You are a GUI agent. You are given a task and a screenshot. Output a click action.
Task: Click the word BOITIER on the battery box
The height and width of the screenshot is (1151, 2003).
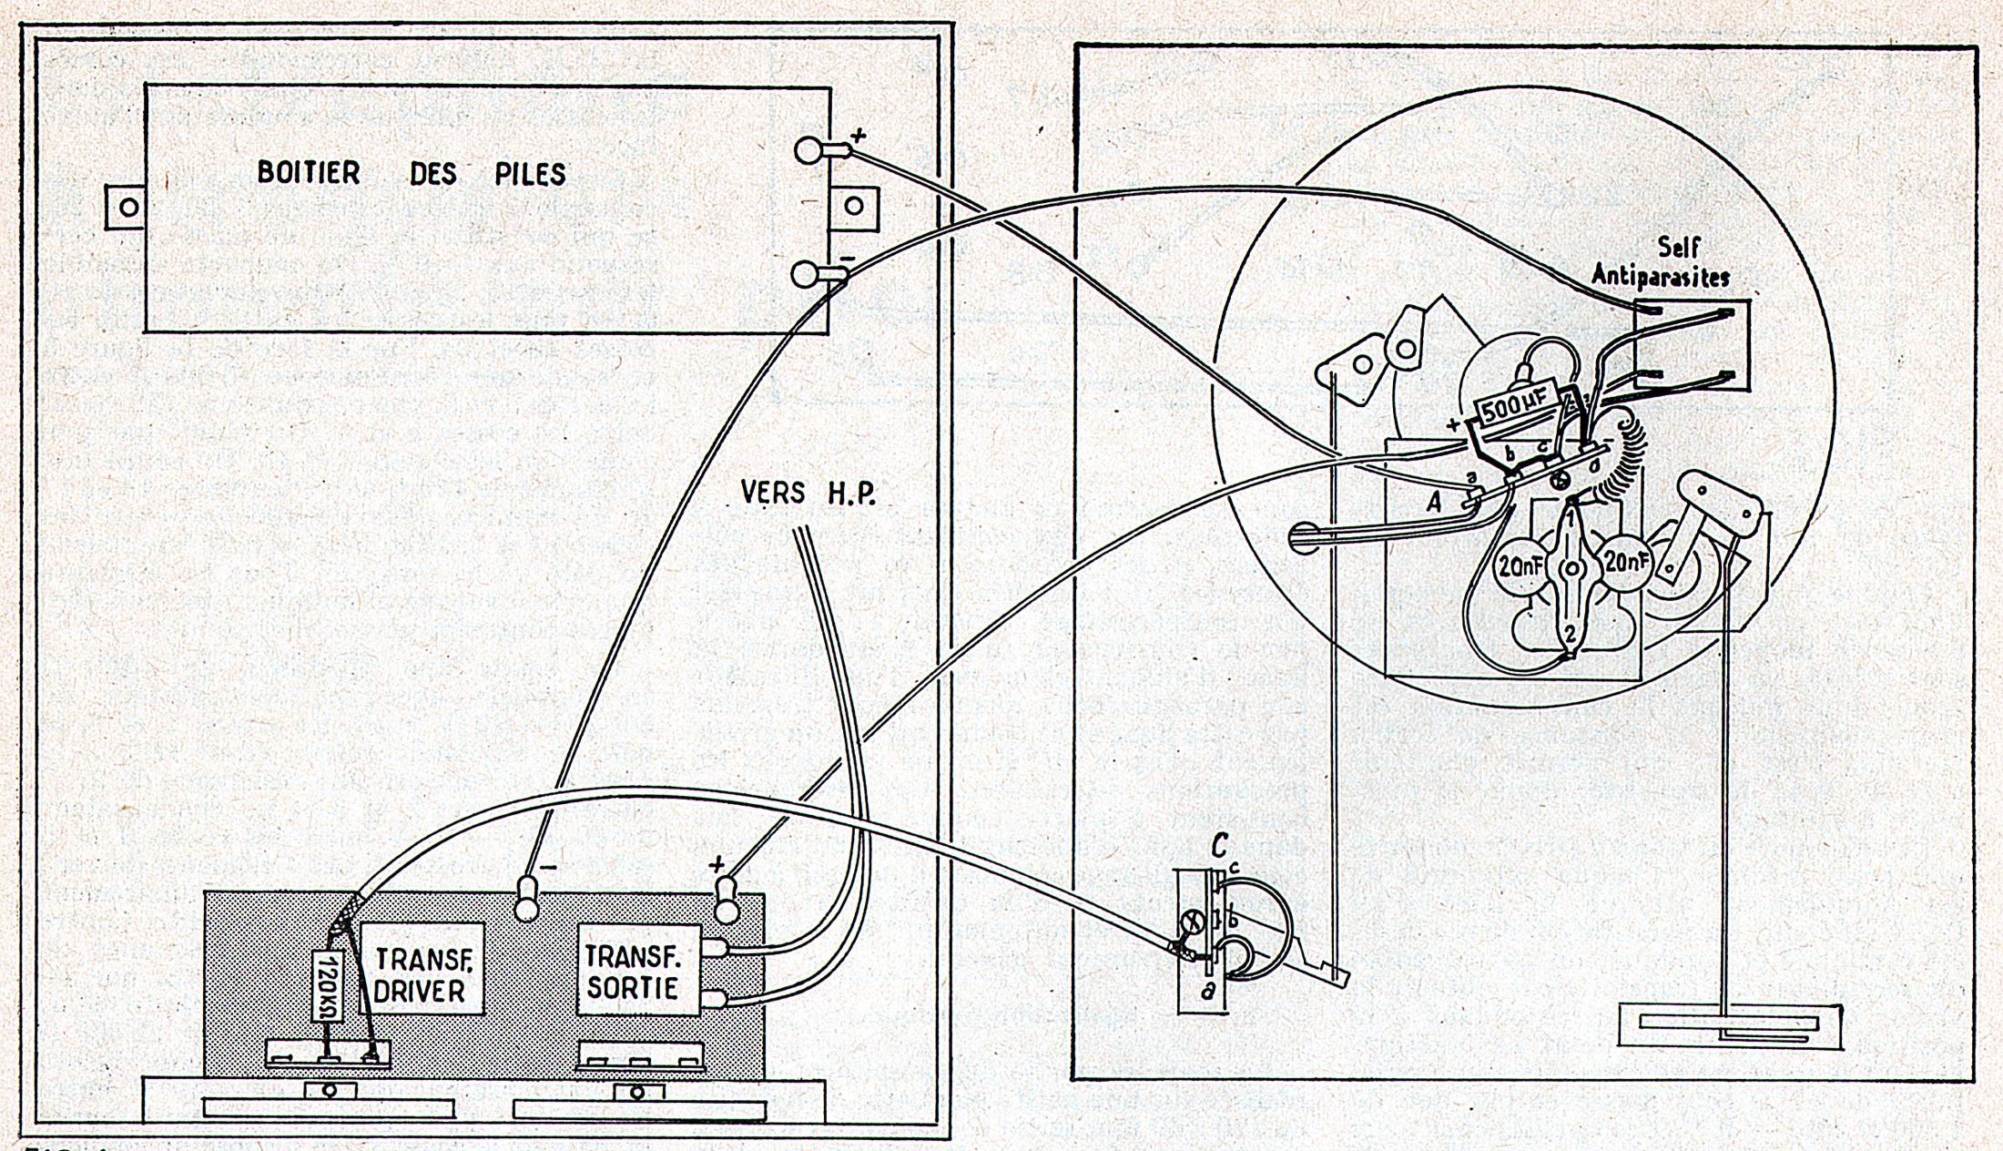[309, 172]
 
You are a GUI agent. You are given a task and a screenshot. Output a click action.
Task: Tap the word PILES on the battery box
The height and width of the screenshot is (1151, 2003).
[530, 174]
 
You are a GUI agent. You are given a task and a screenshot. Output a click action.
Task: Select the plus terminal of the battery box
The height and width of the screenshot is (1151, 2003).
[809, 150]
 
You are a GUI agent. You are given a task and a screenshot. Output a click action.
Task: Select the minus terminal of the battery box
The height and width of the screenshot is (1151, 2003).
[805, 273]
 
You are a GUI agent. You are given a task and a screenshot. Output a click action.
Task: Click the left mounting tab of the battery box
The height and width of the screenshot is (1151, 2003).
[128, 207]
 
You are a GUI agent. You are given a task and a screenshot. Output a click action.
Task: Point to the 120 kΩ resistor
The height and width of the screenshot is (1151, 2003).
[328, 985]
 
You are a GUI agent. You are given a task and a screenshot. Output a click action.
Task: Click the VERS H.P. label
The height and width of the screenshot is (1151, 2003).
[808, 494]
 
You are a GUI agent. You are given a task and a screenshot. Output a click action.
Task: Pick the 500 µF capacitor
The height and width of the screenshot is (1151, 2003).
[1514, 409]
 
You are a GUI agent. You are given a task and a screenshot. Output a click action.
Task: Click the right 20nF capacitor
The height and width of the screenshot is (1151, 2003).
[1626, 563]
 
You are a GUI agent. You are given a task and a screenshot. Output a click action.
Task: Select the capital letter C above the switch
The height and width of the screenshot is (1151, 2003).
[1219, 847]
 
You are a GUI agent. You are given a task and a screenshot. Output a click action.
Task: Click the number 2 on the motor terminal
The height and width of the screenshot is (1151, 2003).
[1570, 632]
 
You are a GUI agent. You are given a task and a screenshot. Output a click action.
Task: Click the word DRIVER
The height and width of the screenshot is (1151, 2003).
[420, 991]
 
